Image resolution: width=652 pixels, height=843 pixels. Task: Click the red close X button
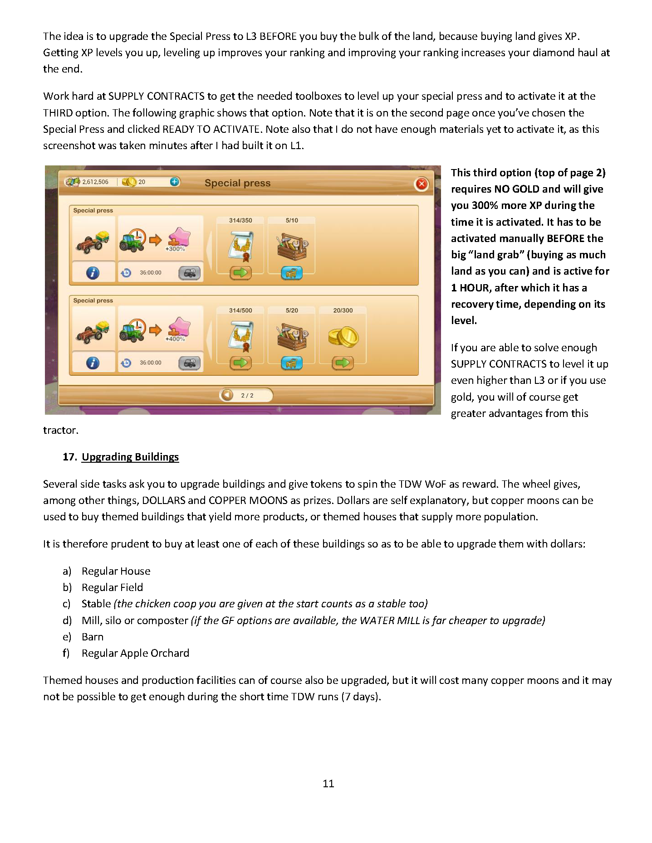[422, 184]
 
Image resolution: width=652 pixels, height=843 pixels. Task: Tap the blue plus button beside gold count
[175, 182]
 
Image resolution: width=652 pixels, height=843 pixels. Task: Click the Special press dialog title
[237, 183]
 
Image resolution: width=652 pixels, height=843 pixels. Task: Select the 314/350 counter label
[240, 220]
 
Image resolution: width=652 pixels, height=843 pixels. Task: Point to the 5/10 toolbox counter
[292, 220]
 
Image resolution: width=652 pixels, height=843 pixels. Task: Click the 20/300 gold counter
[343, 310]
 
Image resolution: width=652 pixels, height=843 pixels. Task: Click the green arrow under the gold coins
[343, 363]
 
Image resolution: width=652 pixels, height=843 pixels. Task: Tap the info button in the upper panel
[93, 273]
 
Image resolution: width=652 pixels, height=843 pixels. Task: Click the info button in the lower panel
[93, 363]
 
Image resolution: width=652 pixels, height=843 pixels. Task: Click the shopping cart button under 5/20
[292, 363]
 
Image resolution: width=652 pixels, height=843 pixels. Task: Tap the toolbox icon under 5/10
[292, 247]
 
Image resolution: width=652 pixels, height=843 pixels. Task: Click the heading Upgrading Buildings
[130, 457]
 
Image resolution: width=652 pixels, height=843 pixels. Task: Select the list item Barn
[93, 637]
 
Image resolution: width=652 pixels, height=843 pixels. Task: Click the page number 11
[328, 784]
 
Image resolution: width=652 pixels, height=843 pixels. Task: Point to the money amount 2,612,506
[95, 182]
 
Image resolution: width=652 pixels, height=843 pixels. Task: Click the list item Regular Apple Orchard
[135, 653]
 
